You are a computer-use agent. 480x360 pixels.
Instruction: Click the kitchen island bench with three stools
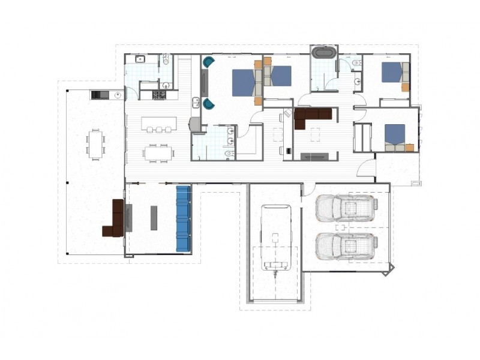click(159, 124)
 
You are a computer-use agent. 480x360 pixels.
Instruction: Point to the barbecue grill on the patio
click(99, 94)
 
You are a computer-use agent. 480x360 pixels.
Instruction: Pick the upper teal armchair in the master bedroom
click(208, 62)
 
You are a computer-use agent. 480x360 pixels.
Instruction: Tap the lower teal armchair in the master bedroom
click(208, 104)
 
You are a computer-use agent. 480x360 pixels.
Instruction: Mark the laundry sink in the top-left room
click(140, 59)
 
